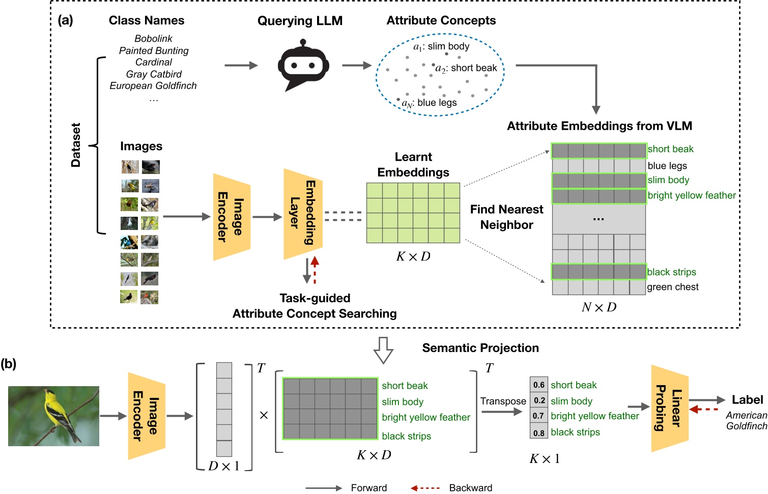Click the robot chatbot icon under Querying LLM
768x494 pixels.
click(303, 67)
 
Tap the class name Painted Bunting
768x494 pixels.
click(154, 50)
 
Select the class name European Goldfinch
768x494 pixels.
click(153, 85)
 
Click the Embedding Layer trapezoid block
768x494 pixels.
click(303, 214)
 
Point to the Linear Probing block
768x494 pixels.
click(669, 408)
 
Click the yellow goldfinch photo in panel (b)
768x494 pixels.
click(53, 416)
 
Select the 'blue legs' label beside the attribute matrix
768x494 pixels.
click(667, 165)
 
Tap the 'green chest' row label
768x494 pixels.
click(672, 287)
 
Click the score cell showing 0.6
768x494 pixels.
click(539, 385)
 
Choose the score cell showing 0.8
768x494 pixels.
click(539, 433)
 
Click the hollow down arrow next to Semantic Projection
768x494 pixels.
click(383, 350)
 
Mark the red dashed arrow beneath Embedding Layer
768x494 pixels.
click(315, 270)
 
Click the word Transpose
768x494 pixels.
click(503, 401)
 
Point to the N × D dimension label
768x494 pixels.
click(599, 307)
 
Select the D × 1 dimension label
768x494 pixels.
click(224, 466)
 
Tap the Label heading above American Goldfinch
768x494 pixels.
click(747, 400)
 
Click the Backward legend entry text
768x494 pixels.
click(470, 488)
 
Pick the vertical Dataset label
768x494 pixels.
click(76, 145)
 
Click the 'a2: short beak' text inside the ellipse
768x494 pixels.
click(466, 68)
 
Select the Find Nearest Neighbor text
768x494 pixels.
click(506, 217)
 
